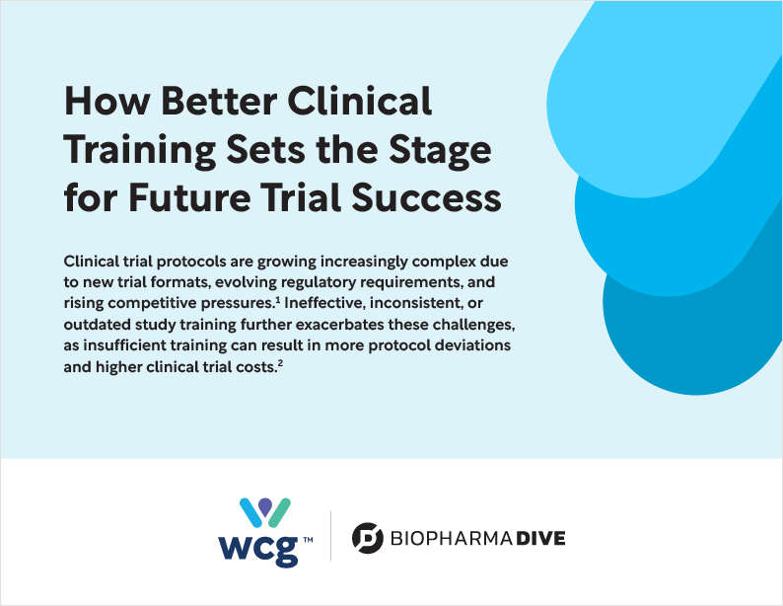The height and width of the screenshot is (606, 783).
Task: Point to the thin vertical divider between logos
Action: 330,536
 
